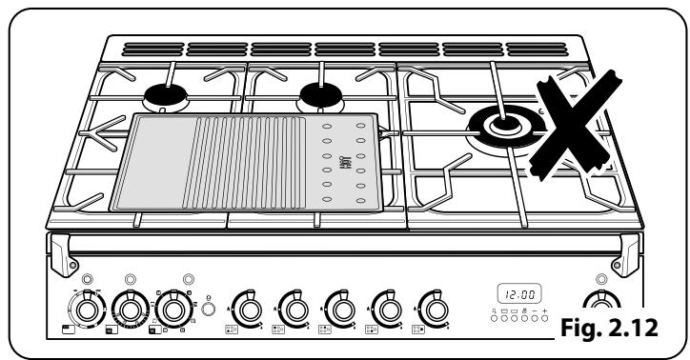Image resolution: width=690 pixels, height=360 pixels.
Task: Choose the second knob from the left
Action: coord(128,309)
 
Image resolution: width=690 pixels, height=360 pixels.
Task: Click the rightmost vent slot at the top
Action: coord(533,48)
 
